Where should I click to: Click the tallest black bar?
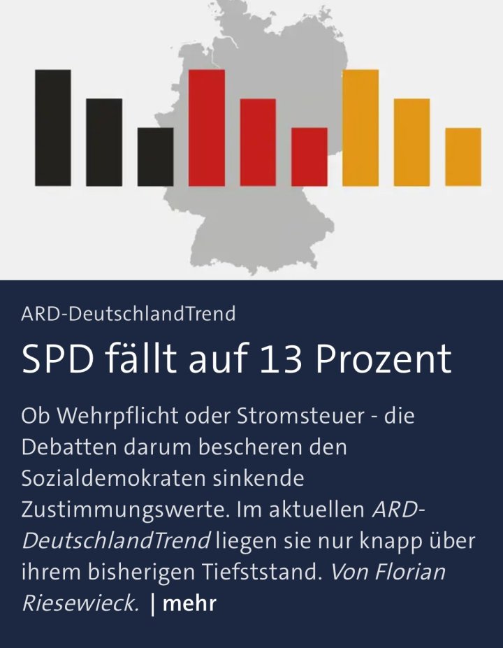point(53,128)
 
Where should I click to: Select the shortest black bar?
point(155,157)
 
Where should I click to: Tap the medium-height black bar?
point(104,143)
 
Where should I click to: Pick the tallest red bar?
point(207,128)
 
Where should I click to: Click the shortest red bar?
point(309,157)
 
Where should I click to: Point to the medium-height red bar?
point(258,143)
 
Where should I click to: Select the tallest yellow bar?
point(360,128)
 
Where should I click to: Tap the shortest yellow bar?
point(462,157)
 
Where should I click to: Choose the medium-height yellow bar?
point(411,143)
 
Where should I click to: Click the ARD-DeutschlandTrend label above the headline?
point(129,314)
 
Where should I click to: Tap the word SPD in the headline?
point(57,359)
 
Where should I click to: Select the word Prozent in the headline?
point(383,359)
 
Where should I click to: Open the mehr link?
point(189,603)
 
